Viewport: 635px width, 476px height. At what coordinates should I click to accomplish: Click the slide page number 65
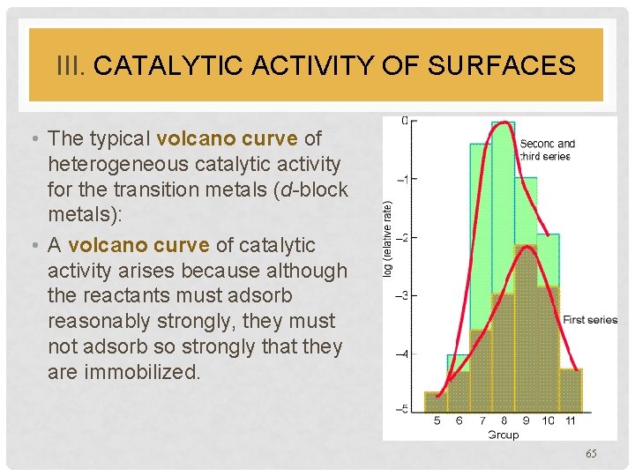click(590, 453)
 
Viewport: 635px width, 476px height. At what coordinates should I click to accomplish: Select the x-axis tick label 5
click(437, 421)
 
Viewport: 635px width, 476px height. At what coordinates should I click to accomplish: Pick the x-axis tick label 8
click(504, 421)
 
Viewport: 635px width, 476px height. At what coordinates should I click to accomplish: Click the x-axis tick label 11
click(570, 421)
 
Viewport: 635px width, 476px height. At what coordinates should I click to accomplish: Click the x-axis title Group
click(503, 434)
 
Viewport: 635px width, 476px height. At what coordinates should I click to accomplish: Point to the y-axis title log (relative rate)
click(388, 238)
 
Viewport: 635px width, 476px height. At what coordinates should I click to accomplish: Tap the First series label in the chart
click(589, 319)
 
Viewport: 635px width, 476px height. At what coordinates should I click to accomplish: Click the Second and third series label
click(547, 150)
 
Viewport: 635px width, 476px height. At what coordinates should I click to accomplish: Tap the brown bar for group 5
click(437, 402)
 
